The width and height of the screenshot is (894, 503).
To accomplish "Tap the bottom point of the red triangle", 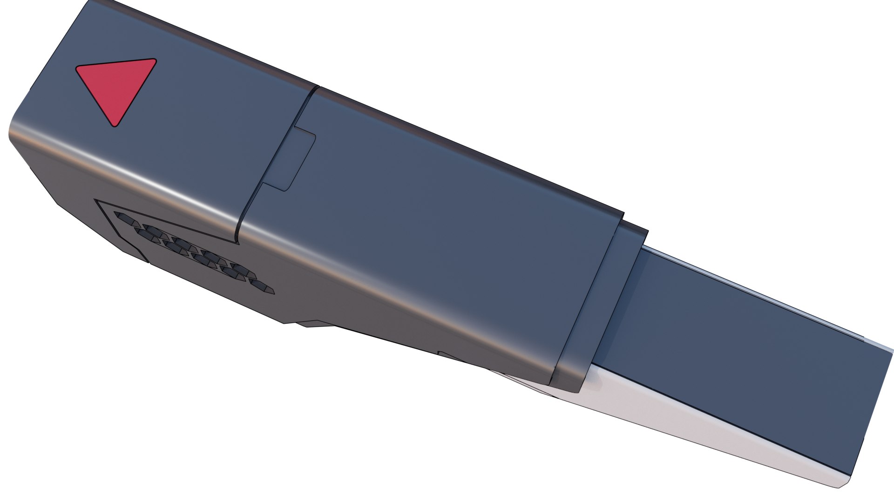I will coord(114,125).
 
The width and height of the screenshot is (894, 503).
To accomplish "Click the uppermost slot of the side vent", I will coord(124,217).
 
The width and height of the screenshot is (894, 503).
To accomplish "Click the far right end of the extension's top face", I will coord(875,396).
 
